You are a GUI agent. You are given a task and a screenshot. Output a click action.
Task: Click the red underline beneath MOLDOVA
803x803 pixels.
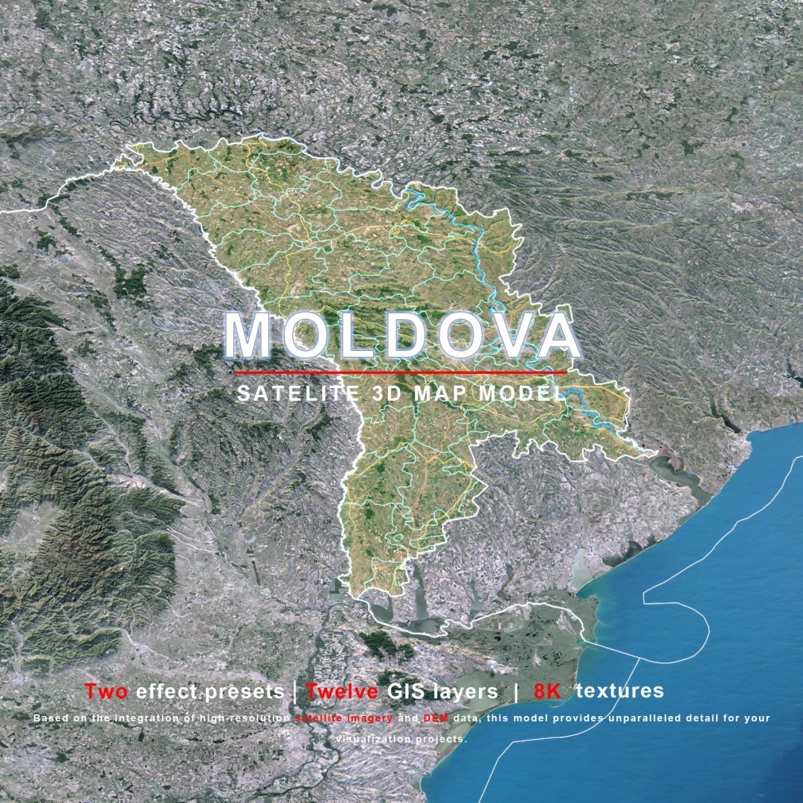pyautogui.click(x=401, y=371)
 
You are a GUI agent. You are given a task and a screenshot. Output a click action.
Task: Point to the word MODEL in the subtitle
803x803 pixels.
pyautogui.click(x=523, y=393)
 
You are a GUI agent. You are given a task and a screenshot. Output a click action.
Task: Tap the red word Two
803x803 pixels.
pyautogui.click(x=106, y=691)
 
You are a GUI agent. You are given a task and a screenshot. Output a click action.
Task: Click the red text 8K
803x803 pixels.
pyautogui.click(x=548, y=691)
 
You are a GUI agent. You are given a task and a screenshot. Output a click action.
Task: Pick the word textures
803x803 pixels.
pyautogui.click(x=620, y=691)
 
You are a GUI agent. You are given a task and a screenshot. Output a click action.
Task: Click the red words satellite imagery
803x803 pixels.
pyautogui.click(x=344, y=718)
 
